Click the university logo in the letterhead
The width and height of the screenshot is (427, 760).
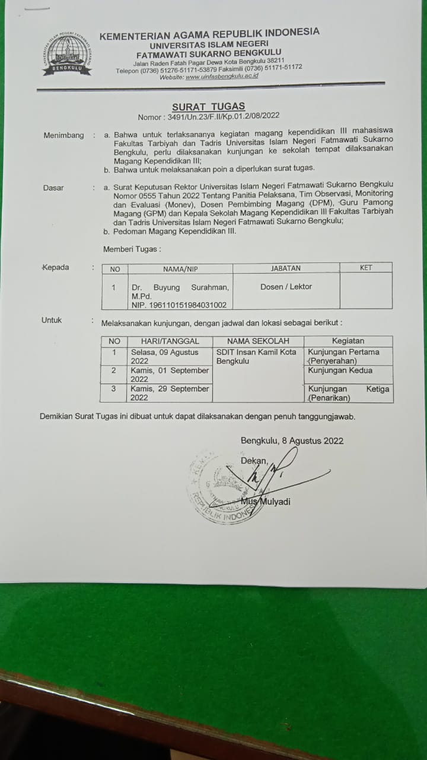(67, 55)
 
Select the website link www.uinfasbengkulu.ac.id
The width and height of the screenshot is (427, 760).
(221, 77)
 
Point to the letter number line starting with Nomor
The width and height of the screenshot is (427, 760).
(208, 117)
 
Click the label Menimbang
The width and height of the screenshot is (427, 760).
(63, 135)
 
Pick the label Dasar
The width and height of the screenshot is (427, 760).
(53, 188)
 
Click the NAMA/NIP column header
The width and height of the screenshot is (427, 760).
(181, 268)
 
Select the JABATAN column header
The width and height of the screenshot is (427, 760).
(286, 268)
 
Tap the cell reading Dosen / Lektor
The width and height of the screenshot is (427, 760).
(286, 287)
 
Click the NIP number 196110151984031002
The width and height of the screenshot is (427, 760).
(179, 305)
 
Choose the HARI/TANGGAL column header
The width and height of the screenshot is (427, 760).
(170, 341)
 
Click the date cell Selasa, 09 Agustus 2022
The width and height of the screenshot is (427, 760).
(170, 356)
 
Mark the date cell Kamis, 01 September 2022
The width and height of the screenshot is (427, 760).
(170, 375)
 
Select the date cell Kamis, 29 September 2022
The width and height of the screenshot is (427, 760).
(170, 393)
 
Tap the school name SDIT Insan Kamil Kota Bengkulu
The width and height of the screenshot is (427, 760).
(256, 356)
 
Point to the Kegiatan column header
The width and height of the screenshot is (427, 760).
(348, 341)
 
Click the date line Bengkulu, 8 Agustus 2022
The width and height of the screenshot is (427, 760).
(292, 441)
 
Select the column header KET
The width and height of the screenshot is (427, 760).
(366, 268)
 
